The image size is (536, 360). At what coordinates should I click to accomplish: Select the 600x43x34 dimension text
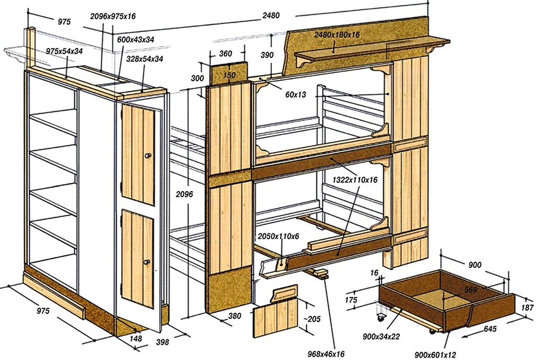pos(137,39)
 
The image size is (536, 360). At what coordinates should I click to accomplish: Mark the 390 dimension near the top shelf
pos(267,55)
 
